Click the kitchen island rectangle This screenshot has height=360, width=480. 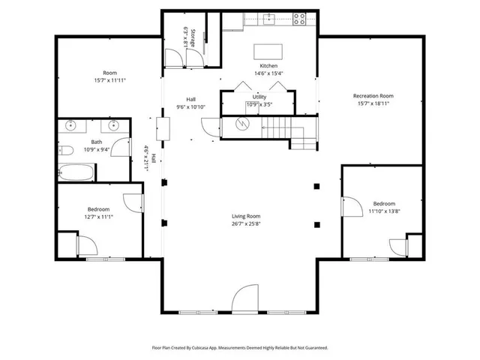pos(269,51)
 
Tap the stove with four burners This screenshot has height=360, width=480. pos(298,19)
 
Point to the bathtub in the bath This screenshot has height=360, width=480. pos(76,172)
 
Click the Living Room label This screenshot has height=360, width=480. pos(246,216)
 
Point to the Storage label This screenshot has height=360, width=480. pos(193,40)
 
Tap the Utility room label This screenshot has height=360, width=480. pos(259,97)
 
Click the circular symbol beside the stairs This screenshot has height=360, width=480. pos(241,125)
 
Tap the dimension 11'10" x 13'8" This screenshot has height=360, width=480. pos(384,211)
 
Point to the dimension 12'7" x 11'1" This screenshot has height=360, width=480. pos(99,217)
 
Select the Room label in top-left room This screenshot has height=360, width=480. pos(109,73)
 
